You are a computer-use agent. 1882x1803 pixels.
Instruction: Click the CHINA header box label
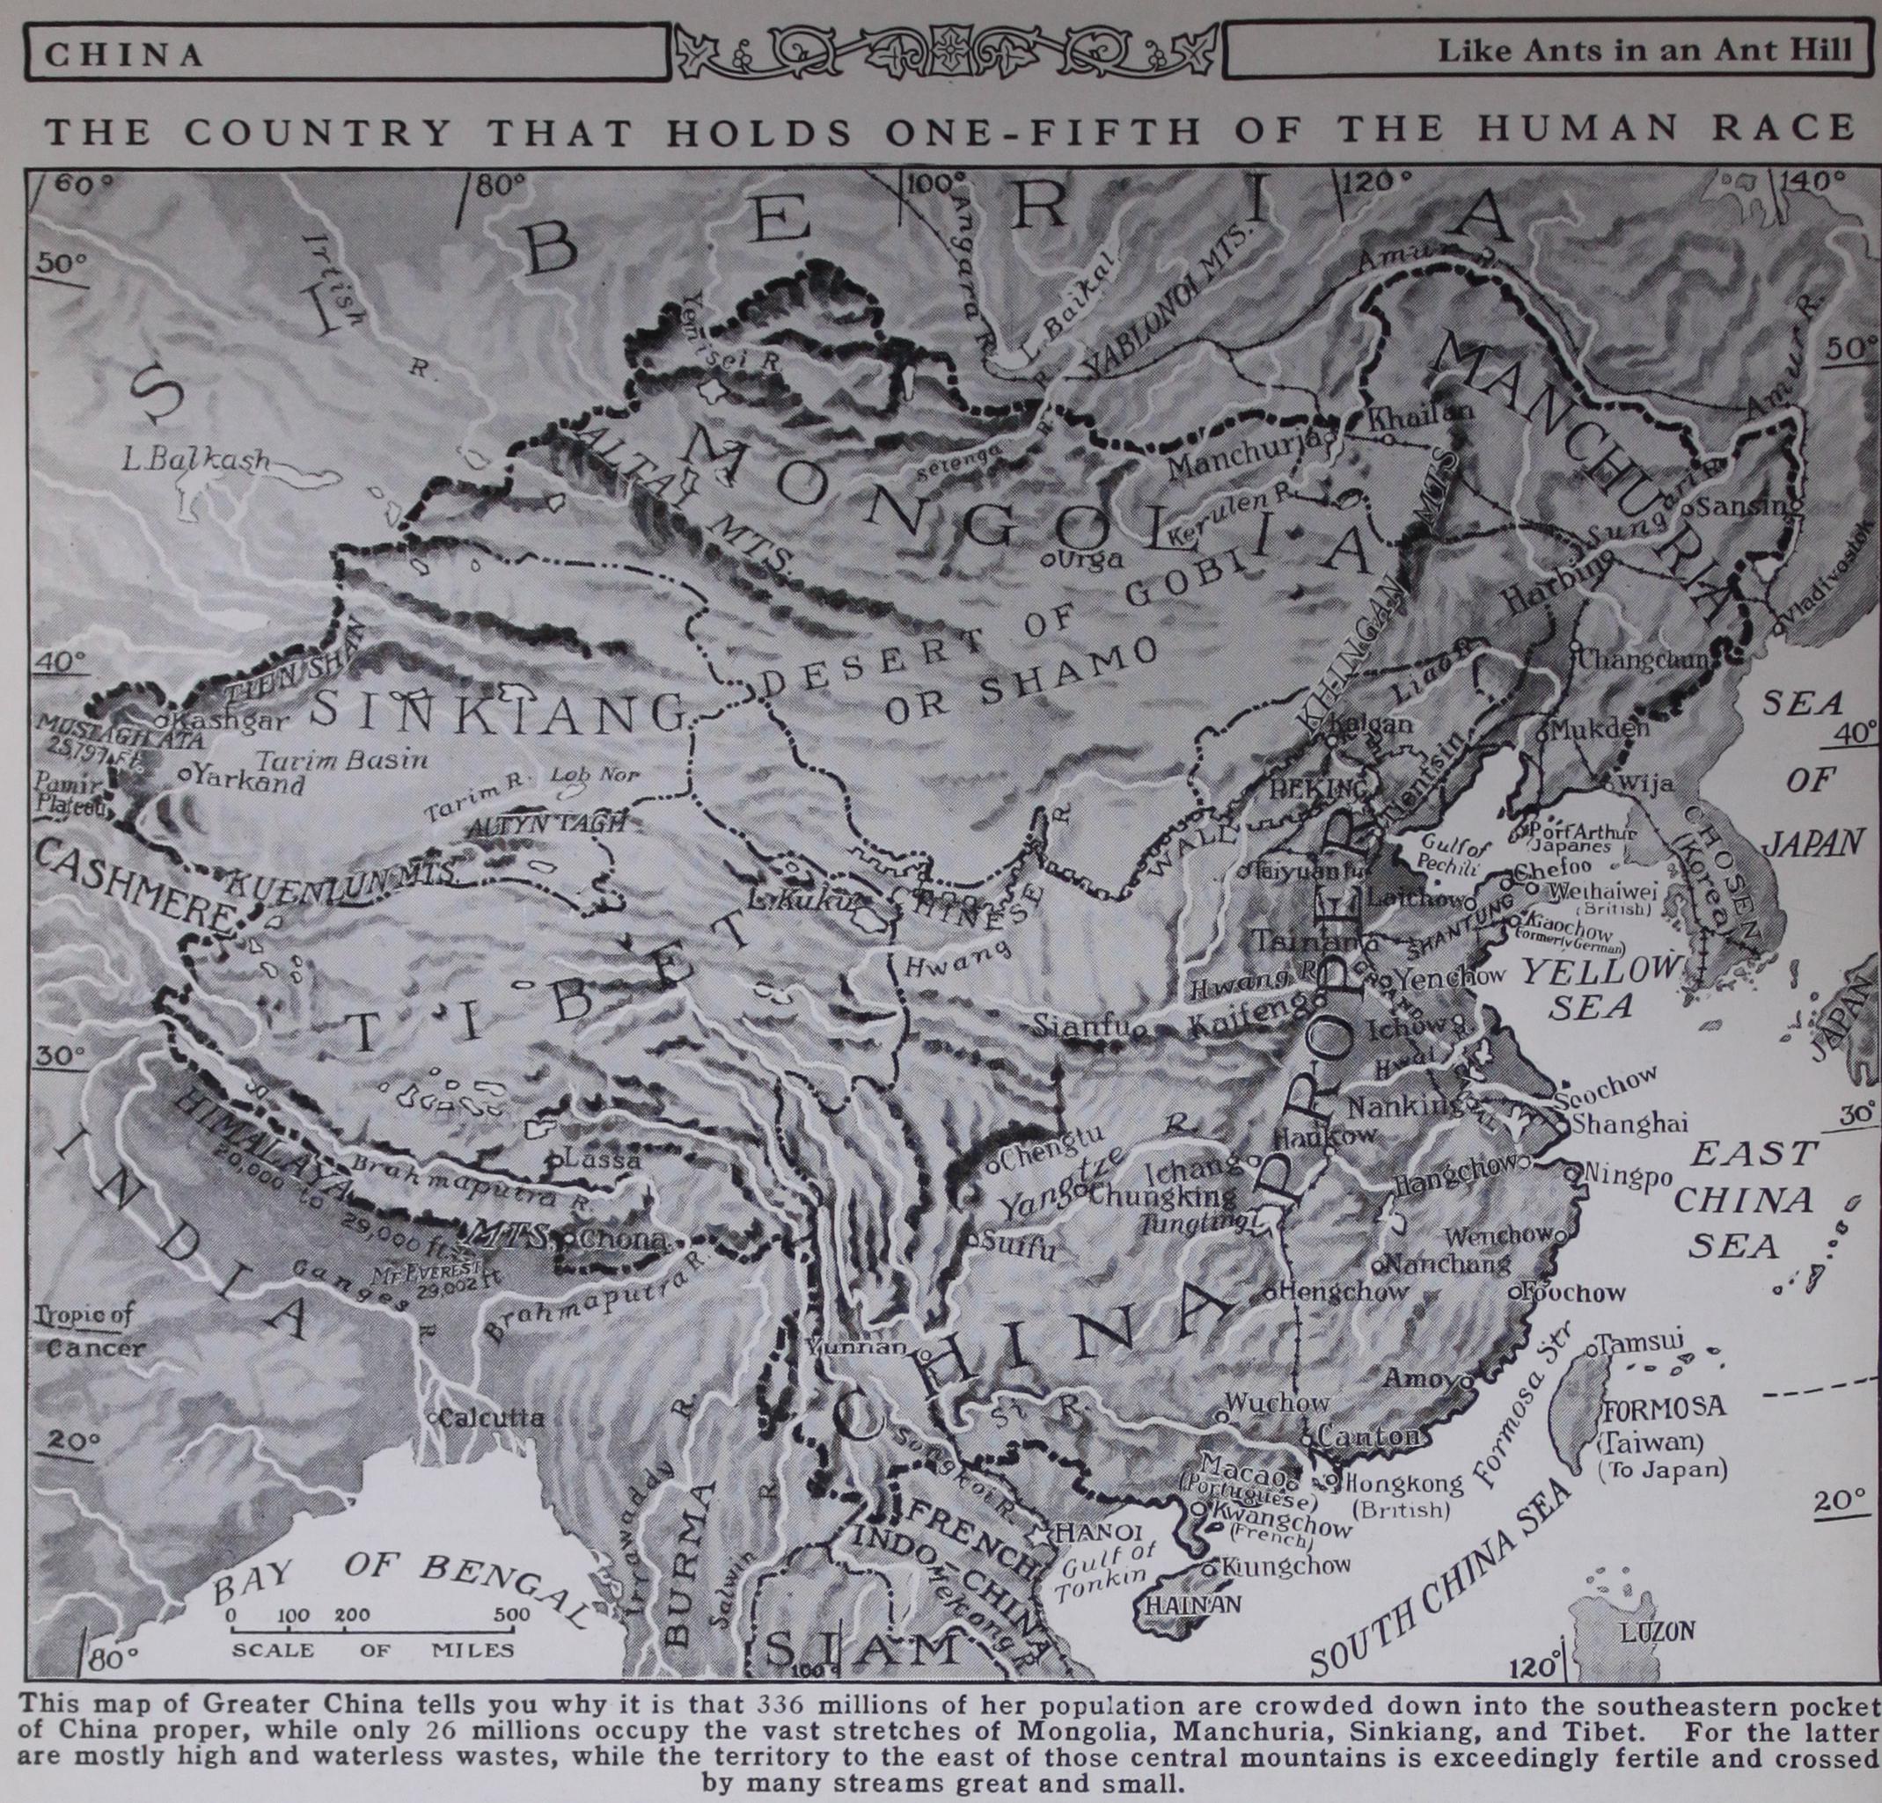point(125,53)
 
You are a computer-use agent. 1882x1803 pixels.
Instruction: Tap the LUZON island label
point(1657,1629)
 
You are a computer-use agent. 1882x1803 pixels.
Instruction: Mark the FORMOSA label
point(1663,1407)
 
